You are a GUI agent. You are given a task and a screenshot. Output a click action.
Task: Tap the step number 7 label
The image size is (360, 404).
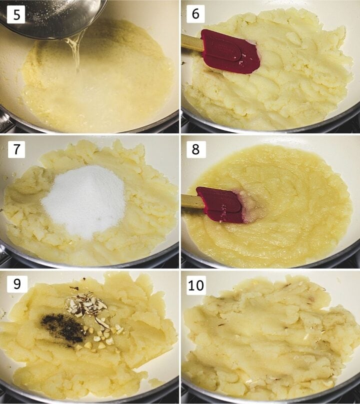pyautogui.click(x=17, y=148)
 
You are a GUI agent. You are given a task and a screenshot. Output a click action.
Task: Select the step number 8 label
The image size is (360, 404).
pyautogui.click(x=195, y=148)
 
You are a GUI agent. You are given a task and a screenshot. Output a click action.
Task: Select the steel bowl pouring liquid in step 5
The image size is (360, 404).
pyautogui.click(x=50, y=17)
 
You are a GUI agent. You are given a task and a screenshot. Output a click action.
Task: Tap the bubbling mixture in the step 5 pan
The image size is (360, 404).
pyautogui.click(x=100, y=90)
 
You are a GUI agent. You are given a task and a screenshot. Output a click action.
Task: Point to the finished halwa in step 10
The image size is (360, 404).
pyautogui.click(x=270, y=340)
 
